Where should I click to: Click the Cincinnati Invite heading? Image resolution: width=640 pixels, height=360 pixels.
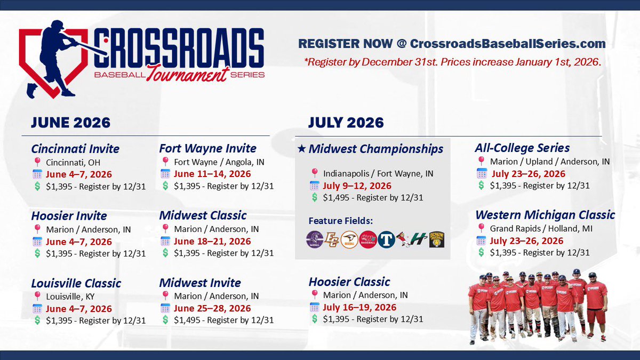[x=75, y=148]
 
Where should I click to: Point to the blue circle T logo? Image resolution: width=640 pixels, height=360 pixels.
[x=386, y=239]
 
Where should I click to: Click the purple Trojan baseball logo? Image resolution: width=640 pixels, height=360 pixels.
[x=315, y=239]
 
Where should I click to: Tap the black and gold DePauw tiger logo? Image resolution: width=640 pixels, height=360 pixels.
[x=437, y=239]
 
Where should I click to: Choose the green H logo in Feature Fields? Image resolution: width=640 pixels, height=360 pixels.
[x=420, y=239]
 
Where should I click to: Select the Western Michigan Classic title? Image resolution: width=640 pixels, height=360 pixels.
[x=545, y=215]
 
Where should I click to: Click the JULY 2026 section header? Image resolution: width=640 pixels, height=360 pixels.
[x=346, y=123]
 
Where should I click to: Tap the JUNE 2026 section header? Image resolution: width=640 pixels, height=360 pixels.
[x=70, y=123]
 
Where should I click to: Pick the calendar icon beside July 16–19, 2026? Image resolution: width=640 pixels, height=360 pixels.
[x=314, y=307]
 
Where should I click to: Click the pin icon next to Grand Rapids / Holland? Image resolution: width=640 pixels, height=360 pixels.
[x=481, y=228]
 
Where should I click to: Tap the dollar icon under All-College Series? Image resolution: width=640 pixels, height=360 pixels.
[x=481, y=185]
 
